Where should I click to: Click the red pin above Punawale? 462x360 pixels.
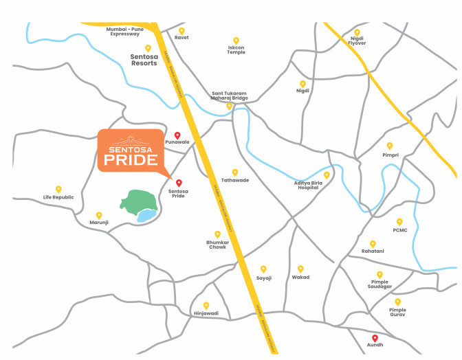pyautogui.click(x=177, y=135)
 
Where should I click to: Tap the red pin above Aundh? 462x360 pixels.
pyautogui.click(x=375, y=337)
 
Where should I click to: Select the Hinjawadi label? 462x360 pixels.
pyautogui.click(x=206, y=313)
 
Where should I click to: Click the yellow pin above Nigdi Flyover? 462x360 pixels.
pyautogui.click(x=356, y=30)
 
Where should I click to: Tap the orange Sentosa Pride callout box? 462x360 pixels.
pyautogui.click(x=130, y=150)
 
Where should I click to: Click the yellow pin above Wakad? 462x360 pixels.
pyautogui.click(x=300, y=269)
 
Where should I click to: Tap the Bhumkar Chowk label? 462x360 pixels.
pyautogui.click(x=217, y=245)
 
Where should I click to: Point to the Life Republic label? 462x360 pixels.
pyautogui.click(x=58, y=197)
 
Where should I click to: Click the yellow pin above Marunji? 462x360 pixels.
pyautogui.click(x=99, y=215)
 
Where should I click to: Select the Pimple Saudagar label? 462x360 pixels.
pyautogui.click(x=379, y=285)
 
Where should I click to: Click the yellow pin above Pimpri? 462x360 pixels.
pyautogui.click(x=389, y=146)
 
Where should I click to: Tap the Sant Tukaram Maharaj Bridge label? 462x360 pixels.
pyautogui.click(x=230, y=95)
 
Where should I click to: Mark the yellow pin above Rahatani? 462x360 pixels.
pyautogui.click(x=373, y=243)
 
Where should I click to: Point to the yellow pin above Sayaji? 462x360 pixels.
pyautogui.click(x=263, y=269)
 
